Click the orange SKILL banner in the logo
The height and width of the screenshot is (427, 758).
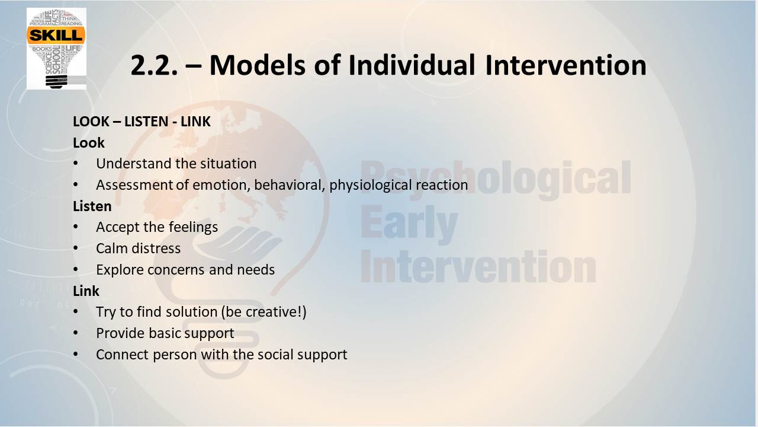[56, 35]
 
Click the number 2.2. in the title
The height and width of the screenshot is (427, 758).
[154, 65]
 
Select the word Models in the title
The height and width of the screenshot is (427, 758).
[257, 65]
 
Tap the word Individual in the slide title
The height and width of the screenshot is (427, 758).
[412, 65]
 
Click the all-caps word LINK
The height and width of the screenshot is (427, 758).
[195, 122]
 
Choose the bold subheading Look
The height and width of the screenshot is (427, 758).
[89, 143]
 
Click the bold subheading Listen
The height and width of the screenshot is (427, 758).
[92, 206]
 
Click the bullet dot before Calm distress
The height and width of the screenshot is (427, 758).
[75, 248]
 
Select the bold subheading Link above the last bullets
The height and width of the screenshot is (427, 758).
[86, 291]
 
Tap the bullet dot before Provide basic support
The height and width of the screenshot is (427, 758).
[75, 333]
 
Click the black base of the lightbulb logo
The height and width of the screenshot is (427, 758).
[56, 82]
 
